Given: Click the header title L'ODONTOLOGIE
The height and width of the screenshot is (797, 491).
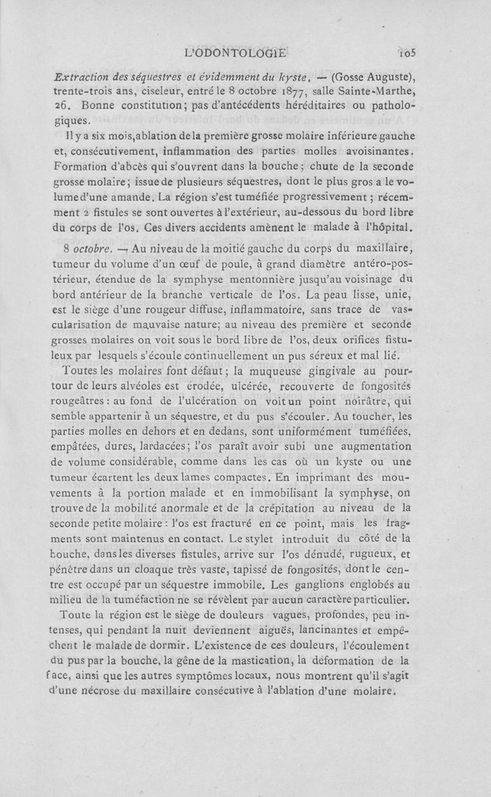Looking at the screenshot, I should click(235, 54).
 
